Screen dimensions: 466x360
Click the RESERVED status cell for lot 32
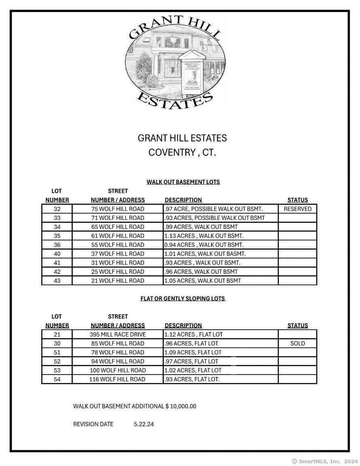pos(297,209)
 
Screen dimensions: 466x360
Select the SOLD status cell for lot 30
pos(297,343)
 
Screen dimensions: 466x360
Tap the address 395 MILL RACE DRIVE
pos(118,335)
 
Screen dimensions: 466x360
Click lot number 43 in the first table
pos(57,281)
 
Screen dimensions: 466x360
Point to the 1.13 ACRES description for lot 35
pos(204,236)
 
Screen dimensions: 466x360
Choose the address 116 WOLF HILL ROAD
pos(118,379)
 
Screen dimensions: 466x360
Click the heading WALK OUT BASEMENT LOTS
pos(183,182)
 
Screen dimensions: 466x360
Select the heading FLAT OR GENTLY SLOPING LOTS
pos(183,299)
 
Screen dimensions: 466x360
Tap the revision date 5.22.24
pos(144,424)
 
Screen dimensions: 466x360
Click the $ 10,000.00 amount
pos(181,406)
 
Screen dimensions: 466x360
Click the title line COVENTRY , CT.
pos(182,153)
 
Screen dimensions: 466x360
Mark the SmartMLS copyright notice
pos(325,461)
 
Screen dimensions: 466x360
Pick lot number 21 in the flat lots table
pos(57,335)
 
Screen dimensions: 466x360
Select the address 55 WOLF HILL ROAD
pos(118,245)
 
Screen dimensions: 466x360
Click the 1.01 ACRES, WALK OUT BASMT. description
pos(205,254)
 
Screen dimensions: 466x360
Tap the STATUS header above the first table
pos(297,200)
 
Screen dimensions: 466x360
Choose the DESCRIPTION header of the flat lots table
pos(183,326)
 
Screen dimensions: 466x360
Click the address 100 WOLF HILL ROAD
pos(118,371)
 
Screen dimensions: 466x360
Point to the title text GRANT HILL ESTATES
pos(182,138)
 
